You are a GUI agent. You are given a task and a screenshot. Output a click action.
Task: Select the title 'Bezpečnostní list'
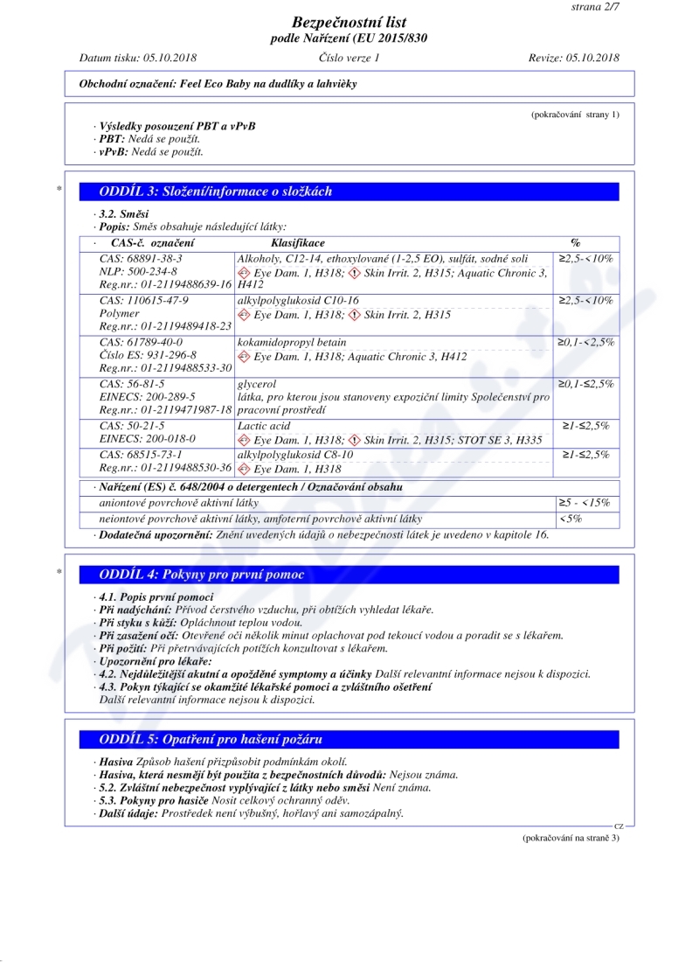coord(349,22)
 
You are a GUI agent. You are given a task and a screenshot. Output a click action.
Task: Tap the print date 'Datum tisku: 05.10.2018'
coord(138,58)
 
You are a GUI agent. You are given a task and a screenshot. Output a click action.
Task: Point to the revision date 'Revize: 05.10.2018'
coord(574,58)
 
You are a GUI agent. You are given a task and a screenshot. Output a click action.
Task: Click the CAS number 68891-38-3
coord(141,259)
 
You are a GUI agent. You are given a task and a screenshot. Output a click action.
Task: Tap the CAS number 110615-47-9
coord(144,301)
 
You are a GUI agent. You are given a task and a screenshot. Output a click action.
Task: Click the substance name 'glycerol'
coord(257,384)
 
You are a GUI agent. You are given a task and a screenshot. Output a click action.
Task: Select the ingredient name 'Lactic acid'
coord(264,426)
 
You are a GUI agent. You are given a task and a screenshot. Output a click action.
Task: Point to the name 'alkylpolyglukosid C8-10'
coord(295,455)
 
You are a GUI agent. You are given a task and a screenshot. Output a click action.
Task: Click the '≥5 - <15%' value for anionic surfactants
coord(585,503)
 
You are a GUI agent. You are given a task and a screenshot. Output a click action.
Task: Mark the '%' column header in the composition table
coord(575,242)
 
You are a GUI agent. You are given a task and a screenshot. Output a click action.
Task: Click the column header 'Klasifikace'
coord(298,242)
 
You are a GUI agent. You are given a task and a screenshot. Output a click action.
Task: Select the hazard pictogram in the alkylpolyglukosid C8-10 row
coord(244,470)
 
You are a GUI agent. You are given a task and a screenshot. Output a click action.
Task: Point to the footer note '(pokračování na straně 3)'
coord(571,838)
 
